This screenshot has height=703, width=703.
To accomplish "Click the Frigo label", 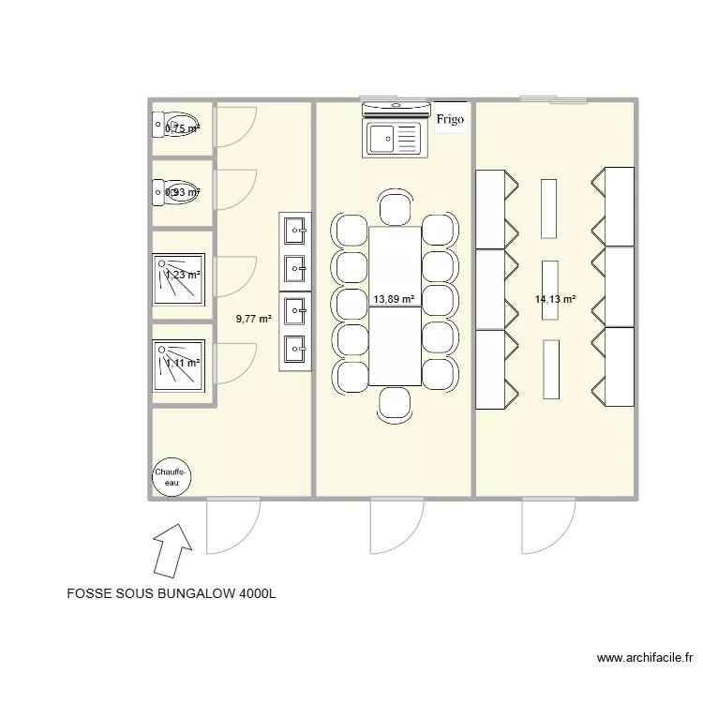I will [x=450, y=119].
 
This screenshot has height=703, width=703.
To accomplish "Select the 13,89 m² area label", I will [x=394, y=300].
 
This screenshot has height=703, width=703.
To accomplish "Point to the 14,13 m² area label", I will [x=555, y=300].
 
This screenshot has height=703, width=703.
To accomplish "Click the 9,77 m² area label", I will [x=254, y=319].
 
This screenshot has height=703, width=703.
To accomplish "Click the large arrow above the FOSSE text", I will [x=172, y=549].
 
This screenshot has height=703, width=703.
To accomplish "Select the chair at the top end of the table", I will [x=395, y=207].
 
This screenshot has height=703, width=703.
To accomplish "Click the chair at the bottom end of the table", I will [x=395, y=403].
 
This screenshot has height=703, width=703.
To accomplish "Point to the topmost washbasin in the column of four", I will [x=295, y=228].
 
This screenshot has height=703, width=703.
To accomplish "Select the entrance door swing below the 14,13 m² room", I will [x=547, y=525].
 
